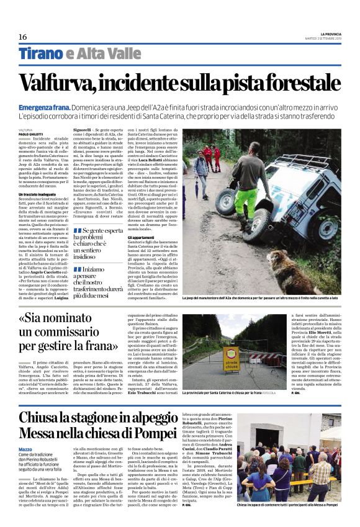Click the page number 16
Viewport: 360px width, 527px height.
point(22,37)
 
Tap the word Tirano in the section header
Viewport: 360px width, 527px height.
point(40,54)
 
